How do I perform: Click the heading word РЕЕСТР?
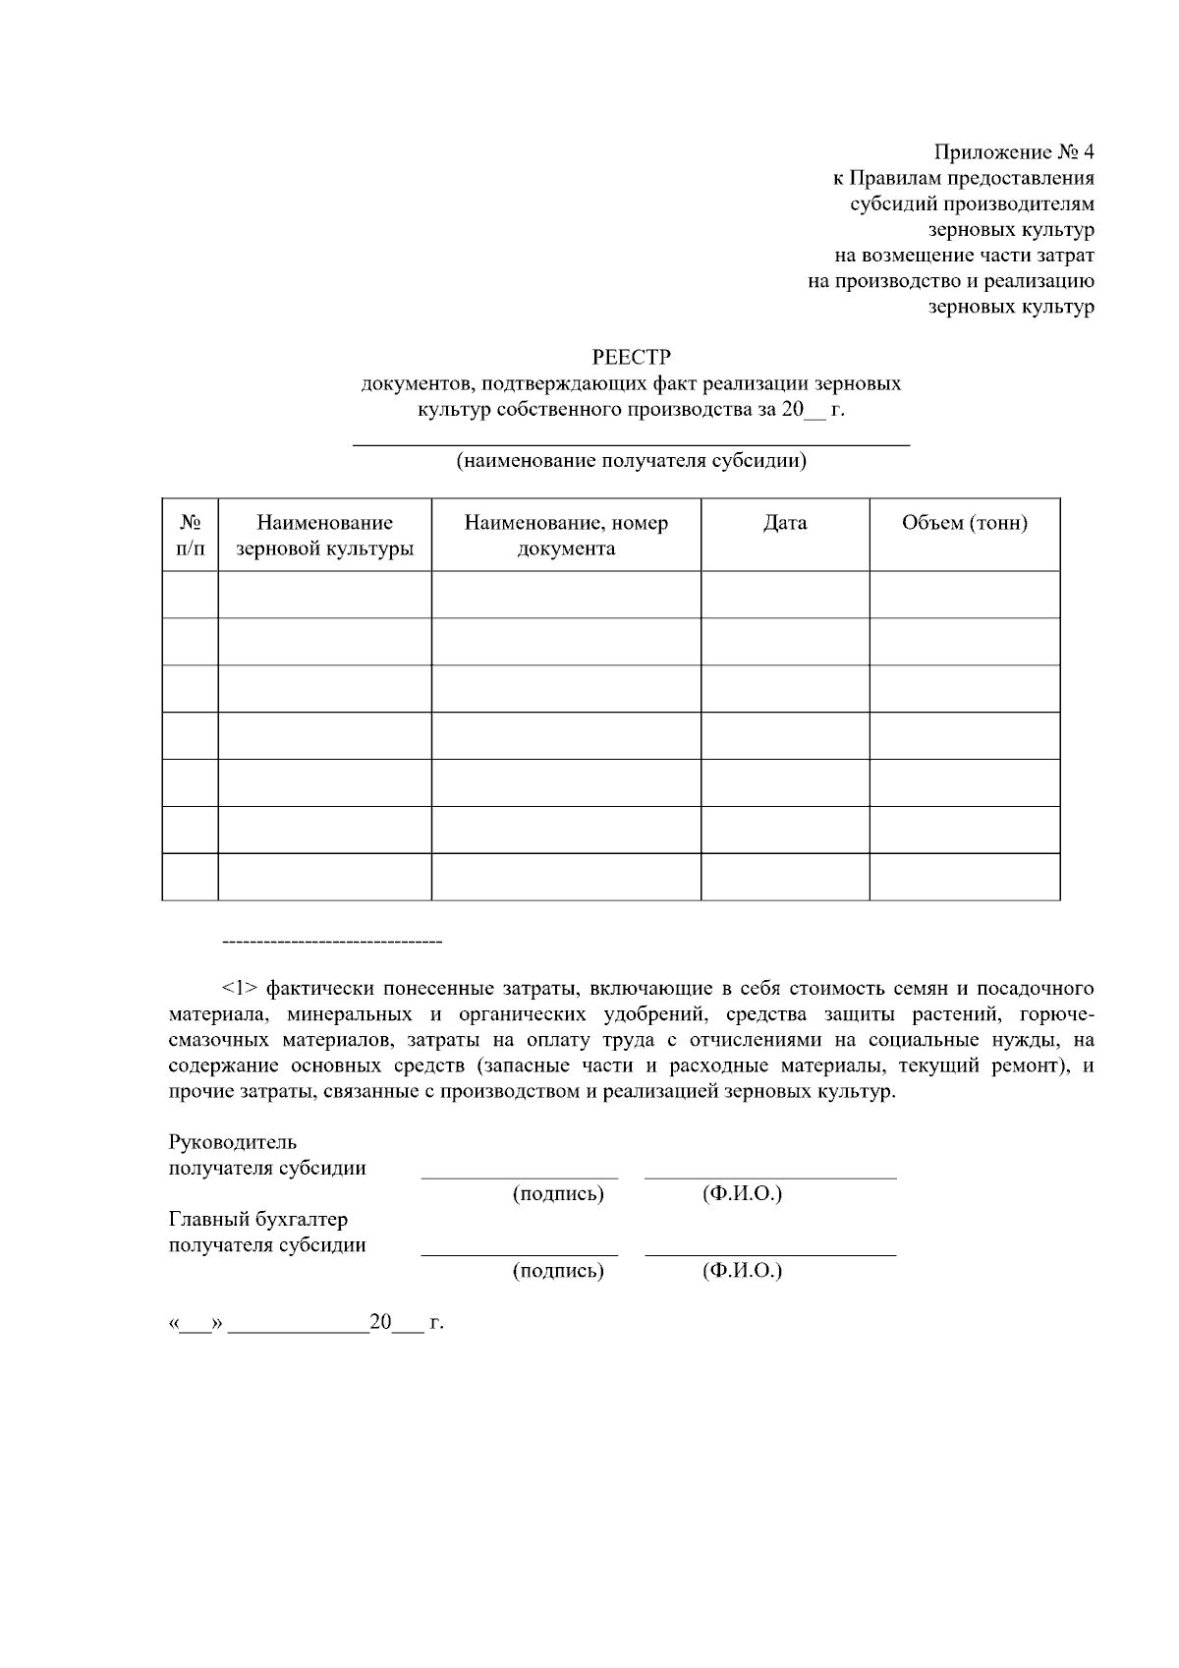tap(631, 357)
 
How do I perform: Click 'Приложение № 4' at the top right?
tap(1013, 152)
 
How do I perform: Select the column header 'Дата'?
tap(784, 523)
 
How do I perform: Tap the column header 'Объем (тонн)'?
tap(964, 523)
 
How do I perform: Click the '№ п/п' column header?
tap(191, 535)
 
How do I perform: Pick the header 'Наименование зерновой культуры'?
tap(324, 535)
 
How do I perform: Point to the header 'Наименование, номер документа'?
tap(566, 535)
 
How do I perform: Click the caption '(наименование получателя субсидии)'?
tap(631, 461)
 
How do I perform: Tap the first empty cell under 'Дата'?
tap(784, 595)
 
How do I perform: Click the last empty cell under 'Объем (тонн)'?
tap(964, 877)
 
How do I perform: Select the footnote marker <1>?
tap(240, 988)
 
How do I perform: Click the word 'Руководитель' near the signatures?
tap(233, 1142)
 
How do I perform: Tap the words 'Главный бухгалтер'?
tap(258, 1219)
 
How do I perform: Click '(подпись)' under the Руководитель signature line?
tap(558, 1194)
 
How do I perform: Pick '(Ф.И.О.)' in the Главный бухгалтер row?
tap(742, 1271)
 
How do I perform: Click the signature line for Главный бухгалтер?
tap(520, 1253)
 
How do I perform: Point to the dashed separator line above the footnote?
tap(332, 944)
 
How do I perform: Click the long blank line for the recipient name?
tap(631, 444)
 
